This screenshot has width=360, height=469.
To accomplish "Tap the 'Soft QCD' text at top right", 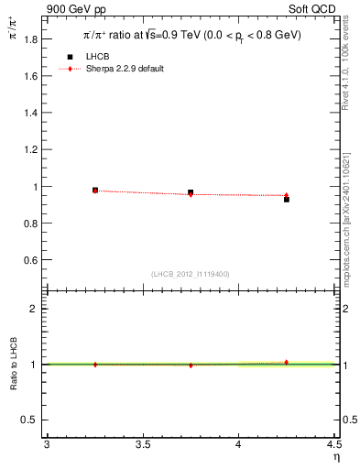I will (x=312, y=9).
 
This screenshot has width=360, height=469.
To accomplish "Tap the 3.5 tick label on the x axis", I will (x=142, y=444).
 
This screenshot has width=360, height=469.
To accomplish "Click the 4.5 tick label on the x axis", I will (x=333, y=444).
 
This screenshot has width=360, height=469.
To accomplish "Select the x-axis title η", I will (x=335, y=457).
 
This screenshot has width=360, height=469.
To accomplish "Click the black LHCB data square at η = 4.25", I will (x=287, y=199).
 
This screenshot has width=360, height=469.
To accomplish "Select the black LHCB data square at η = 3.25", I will (x=95, y=190).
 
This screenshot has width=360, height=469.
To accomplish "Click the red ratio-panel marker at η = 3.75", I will (x=191, y=365).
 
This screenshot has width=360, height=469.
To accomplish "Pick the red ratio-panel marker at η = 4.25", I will (x=287, y=362).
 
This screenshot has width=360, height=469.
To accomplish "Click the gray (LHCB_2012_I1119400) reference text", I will (x=191, y=274).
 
